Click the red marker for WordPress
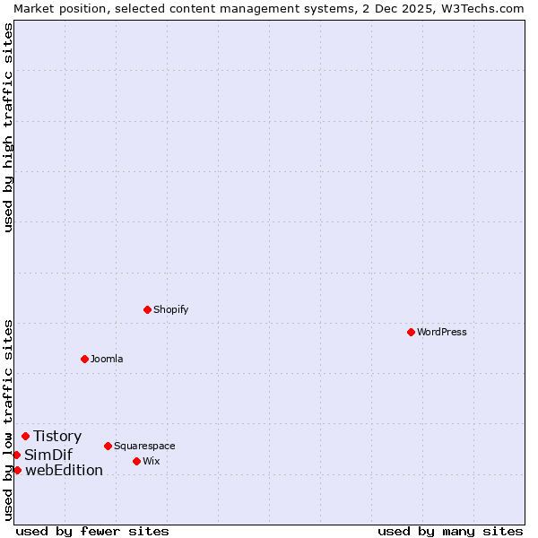(411, 332)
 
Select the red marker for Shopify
(147, 309)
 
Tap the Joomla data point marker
(84, 359)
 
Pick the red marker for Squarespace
(108, 446)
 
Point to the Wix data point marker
(136, 461)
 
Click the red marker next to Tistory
(25, 437)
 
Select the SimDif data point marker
(16, 455)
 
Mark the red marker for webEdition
(17, 470)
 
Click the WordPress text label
(442, 332)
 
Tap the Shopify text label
(170, 309)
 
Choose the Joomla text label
(107, 359)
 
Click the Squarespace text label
(144, 446)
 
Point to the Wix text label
(151, 461)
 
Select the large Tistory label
(57, 437)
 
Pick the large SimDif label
(48, 455)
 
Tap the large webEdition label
(64, 470)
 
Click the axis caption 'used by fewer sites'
(92, 531)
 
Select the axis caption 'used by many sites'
(450, 531)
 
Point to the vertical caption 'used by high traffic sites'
(8, 128)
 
